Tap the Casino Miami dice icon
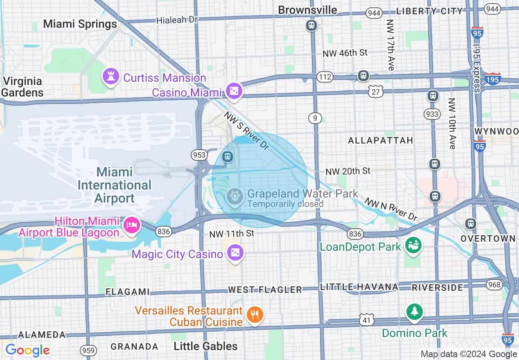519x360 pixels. click(234, 92)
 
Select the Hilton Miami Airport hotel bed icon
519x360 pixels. click(131, 225)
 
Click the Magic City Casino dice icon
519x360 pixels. click(236, 253)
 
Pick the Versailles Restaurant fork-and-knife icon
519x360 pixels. click(255, 315)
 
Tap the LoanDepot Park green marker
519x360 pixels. click(413, 245)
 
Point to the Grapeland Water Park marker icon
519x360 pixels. click(235, 197)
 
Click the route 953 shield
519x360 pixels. click(199, 155)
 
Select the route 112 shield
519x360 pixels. click(326, 76)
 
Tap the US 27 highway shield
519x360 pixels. click(376, 92)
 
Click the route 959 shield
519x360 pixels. click(88, 350)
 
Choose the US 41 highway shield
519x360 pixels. click(366, 319)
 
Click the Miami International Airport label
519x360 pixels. click(114, 185)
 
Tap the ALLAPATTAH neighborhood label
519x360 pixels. click(380, 140)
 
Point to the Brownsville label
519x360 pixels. click(307, 10)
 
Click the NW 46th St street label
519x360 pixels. click(345, 53)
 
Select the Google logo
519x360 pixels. click(27, 350)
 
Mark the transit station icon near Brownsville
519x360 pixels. click(311, 26)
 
